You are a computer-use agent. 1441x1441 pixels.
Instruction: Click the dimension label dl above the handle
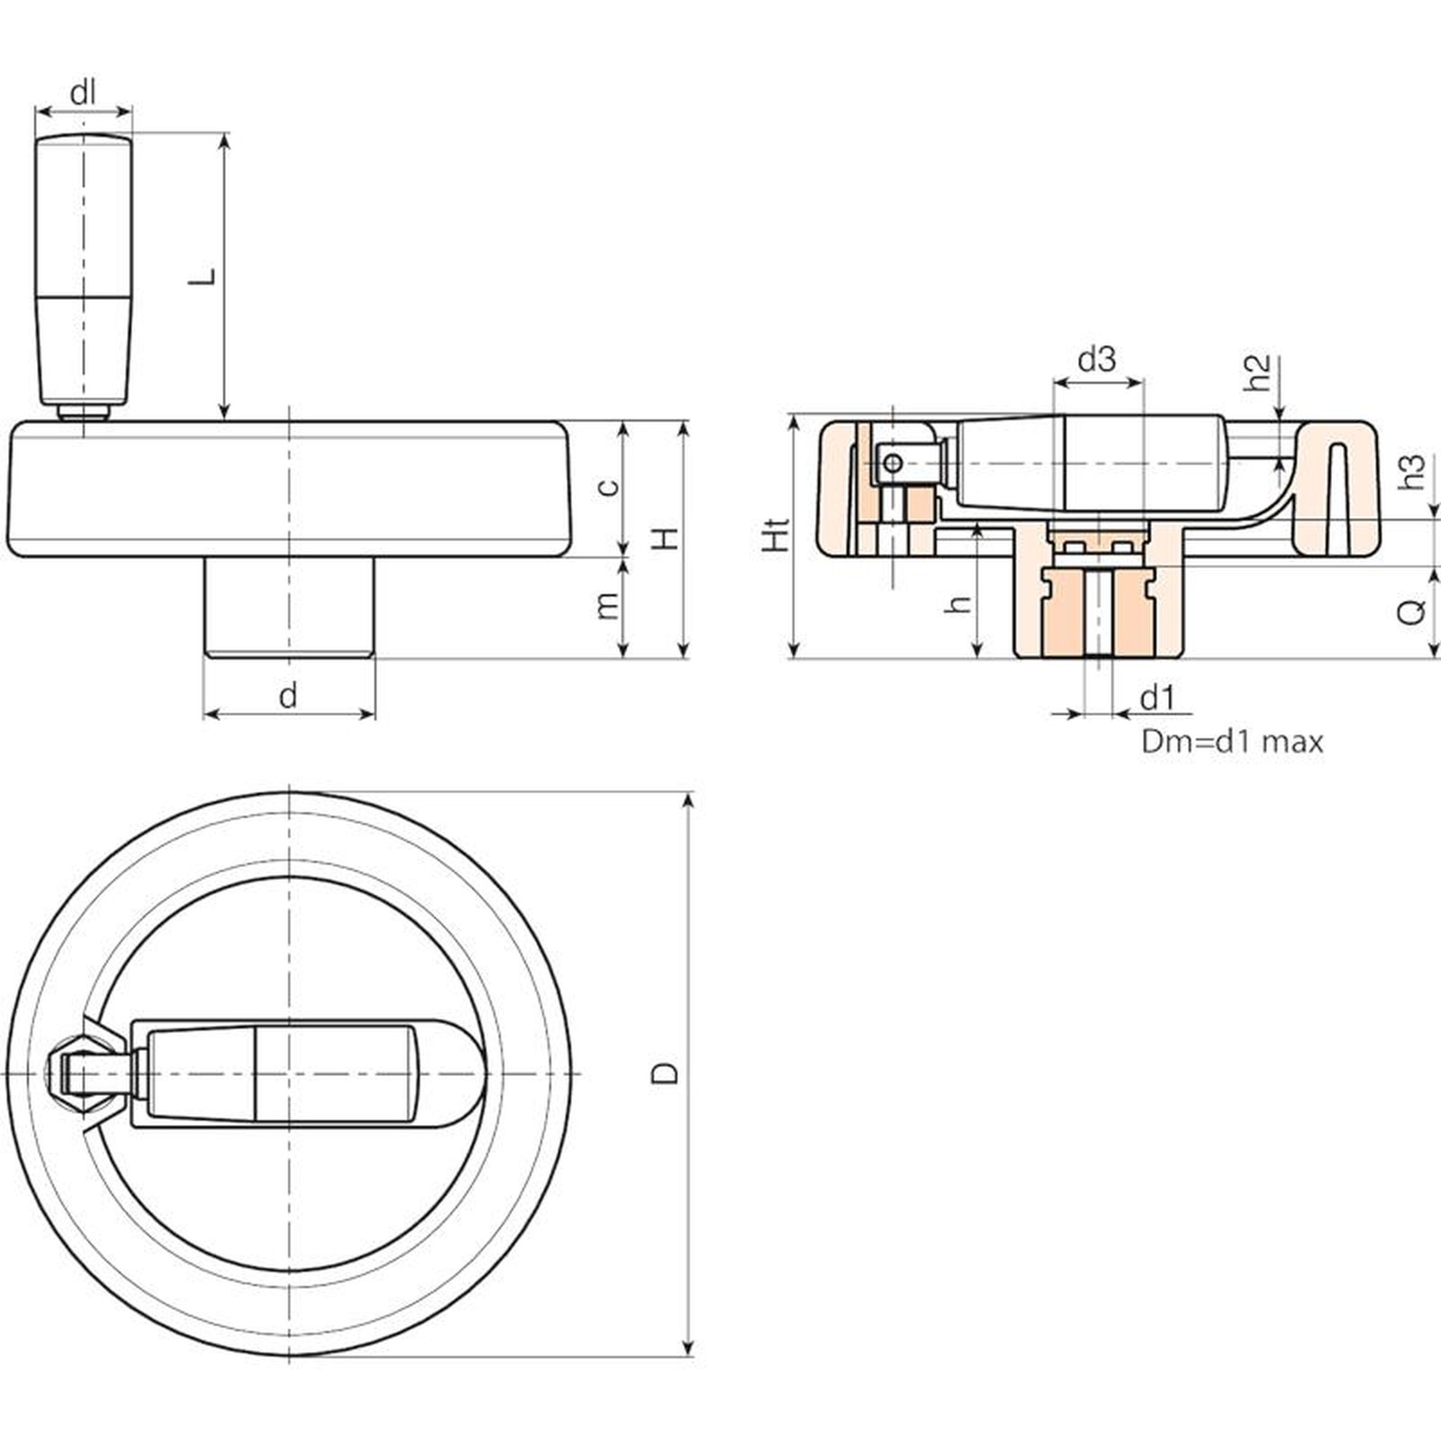(x=83, y=93)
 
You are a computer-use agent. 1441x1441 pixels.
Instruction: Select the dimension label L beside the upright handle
(x=204, y=276)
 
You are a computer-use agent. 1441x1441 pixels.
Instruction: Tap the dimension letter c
(x=610, y=487)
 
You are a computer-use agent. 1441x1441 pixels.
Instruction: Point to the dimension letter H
(x=666, y=539)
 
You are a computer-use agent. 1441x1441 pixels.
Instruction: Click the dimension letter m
(x=609, y=605)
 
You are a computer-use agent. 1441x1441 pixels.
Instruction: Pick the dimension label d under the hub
(x=287, y=695)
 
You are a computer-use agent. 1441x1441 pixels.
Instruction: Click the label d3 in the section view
(x=1097, y=360)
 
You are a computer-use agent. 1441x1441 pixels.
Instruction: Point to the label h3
(x=1412, y=472)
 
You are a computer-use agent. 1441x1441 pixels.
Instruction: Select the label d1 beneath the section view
(x=1157, y=698)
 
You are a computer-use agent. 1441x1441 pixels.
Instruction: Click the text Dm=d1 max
(x=1232, y=742)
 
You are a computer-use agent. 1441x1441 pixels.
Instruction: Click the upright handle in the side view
(x=84, y=270)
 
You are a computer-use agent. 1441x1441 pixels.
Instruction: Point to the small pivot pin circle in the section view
(x=893, y=464)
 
